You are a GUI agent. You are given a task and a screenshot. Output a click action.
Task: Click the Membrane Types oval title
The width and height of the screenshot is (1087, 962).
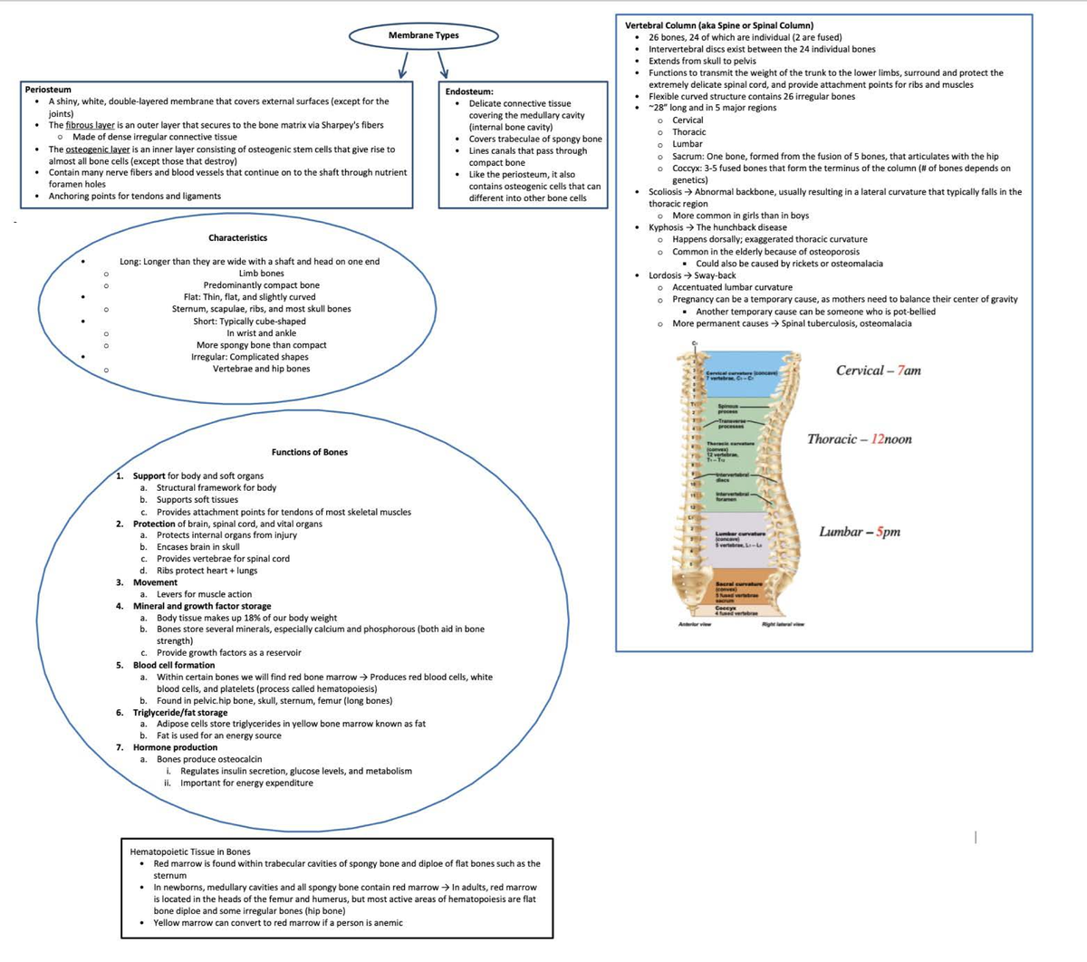(423, 35)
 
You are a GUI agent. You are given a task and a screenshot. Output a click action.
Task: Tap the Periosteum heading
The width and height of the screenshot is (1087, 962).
(48, 90)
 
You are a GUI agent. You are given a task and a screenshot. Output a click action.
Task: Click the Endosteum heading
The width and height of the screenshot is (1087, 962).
(469, 91)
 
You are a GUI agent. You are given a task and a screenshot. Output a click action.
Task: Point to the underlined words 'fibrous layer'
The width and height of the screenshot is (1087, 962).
(90, 125)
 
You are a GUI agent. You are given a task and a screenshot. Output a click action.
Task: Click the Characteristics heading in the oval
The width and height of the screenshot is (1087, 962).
(237, 237)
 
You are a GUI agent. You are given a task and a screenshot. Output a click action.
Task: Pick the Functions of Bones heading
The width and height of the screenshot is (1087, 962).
(309, 452)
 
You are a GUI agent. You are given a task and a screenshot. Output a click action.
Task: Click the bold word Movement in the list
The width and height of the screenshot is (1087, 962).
(155, 582)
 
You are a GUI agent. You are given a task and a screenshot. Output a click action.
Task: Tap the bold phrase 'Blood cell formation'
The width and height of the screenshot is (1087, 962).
(174, 665)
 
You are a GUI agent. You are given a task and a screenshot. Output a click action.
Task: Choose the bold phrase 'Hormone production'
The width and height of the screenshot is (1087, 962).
(175, 747)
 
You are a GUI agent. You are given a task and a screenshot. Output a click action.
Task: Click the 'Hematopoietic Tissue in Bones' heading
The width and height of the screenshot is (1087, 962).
(190, 851)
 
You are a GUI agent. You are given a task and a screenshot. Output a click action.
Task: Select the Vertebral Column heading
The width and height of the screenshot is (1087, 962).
(719, 25)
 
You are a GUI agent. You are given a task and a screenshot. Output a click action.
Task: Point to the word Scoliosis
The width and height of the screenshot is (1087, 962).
(666, 192)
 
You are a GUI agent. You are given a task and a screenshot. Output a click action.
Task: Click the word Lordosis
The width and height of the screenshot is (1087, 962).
(665, 275)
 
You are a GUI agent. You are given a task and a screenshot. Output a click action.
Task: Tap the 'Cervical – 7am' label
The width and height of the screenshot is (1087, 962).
(878, 370)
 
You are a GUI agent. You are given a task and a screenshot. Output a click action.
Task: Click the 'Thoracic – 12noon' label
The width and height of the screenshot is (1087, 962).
(859, 439)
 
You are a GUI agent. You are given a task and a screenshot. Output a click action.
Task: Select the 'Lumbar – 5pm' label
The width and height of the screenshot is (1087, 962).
(860, 532)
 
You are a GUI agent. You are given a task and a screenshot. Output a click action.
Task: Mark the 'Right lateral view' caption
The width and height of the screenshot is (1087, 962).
(783, 624)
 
